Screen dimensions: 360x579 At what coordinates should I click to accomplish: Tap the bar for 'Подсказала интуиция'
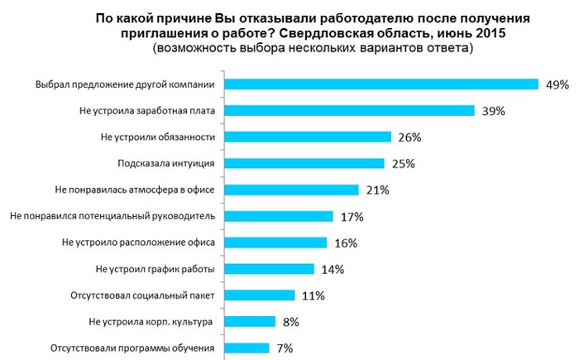(x=305, y=163)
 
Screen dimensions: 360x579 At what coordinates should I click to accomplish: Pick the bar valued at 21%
(x=292, y=190)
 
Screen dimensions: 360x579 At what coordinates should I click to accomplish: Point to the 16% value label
(x=346, y=243)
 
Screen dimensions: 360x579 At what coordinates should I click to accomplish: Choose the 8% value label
(x=291, y=322)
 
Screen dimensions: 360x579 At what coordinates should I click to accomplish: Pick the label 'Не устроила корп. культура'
(x=151, y=322)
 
